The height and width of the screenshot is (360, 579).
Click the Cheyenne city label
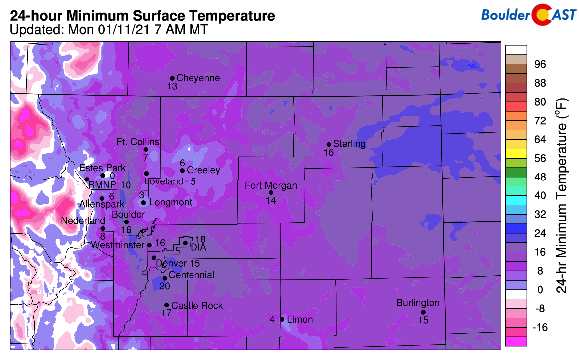click(198, 78)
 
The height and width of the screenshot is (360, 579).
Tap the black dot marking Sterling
click(329, 145)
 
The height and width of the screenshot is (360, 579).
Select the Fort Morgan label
click(271, 186)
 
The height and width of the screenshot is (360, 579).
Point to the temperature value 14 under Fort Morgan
click(271, 200)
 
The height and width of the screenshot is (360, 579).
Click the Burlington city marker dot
click(423, 312)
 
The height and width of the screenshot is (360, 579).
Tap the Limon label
click(300, 319)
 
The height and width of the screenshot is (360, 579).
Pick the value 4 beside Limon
click(272, 319)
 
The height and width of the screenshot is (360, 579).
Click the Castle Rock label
click(197, 305)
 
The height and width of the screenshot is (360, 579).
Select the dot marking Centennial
click(165, 278)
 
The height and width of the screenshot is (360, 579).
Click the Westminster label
click(118, 245)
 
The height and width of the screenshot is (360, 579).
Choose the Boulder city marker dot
click(127, 222)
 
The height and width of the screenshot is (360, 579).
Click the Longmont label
click(170, 202)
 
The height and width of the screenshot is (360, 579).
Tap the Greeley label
click(203, 170)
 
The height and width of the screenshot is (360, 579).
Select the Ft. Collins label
click(138, 142)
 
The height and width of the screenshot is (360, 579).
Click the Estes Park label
click(102, 168)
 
